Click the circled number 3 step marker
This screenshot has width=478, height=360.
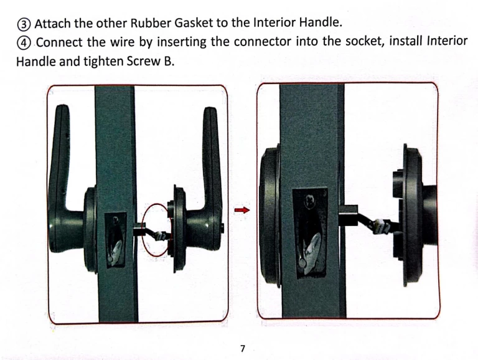tap(24, 24)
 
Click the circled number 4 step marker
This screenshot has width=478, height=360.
tap(24, 43)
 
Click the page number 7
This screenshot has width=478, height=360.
tap(242, 348)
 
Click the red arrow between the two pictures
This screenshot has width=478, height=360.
tap(242, 210)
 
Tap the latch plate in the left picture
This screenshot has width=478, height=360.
tap(116, 240)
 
